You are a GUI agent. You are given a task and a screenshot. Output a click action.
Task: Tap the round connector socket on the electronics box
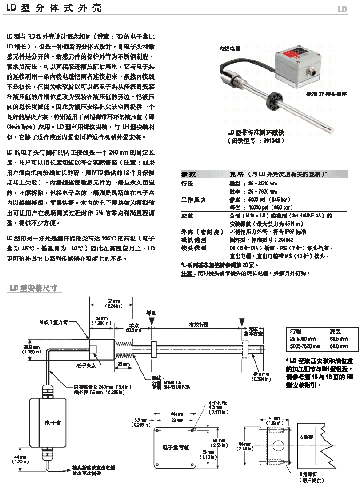click(x=313, y=71)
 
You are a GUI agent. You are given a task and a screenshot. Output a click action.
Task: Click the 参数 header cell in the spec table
click(x=188, y=175)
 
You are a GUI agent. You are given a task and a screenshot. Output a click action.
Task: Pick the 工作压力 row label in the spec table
click(x=194, y=200)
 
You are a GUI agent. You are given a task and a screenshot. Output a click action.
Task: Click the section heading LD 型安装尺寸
click(x=33, y=288)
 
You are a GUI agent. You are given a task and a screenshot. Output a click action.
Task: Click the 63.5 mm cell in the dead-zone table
click(x=339, y=339)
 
